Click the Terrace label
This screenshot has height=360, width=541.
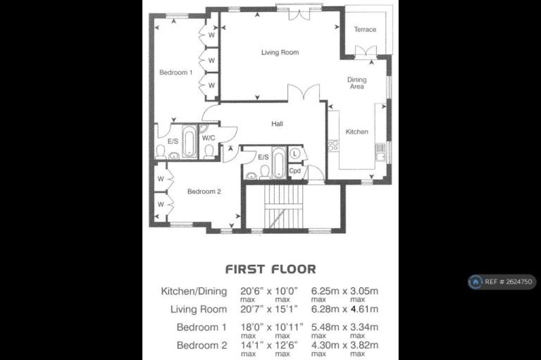coord(365,30)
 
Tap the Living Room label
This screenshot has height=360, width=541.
coord(280,52)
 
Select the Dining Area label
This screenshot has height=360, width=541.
coord(357,83)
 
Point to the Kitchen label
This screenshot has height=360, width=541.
coord(357,132)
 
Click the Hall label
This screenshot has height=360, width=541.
coord(277,124)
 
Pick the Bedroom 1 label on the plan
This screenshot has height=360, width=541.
coord(176,72)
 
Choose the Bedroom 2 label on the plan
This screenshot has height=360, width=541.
coord(204,192)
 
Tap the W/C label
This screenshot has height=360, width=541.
coord(208,138)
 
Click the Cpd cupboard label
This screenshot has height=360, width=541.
coord(295,170)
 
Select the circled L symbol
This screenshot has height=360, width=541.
coord(295,153)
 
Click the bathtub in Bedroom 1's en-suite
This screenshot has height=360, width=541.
coord(189,141)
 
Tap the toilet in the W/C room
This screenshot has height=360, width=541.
coord(209,152)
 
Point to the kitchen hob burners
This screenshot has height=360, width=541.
coord(333,145)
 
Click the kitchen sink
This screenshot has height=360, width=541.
coord(380,153)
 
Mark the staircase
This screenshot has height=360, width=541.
coord(284,206)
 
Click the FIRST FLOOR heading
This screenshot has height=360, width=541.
coord(270,269)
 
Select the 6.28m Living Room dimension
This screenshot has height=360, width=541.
coord(325,309)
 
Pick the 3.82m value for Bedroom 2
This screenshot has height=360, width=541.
coord(364,345)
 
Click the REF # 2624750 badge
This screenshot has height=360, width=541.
coord(502,282)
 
